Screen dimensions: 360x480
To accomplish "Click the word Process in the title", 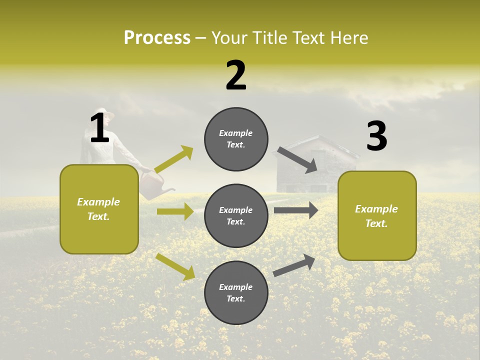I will coord(157,37).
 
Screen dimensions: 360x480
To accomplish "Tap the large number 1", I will coord(99,128).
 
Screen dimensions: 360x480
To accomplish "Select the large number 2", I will coord(236,75).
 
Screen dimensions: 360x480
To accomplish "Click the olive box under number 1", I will coord(99,209).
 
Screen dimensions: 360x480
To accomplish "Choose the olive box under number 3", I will coord(377,215).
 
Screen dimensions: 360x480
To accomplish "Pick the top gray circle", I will coord(236,139).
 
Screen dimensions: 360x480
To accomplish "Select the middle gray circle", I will coord(236,215).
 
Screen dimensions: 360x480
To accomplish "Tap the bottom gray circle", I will coord(236,292).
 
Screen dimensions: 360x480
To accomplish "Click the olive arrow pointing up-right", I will coord(174,159).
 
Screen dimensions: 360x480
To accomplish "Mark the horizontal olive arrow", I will coord(175,211).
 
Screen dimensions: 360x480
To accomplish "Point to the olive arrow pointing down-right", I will coord(175,266).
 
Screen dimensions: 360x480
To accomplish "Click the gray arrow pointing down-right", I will coord(297,160).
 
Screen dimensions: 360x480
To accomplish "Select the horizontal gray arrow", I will coord(296,210).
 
